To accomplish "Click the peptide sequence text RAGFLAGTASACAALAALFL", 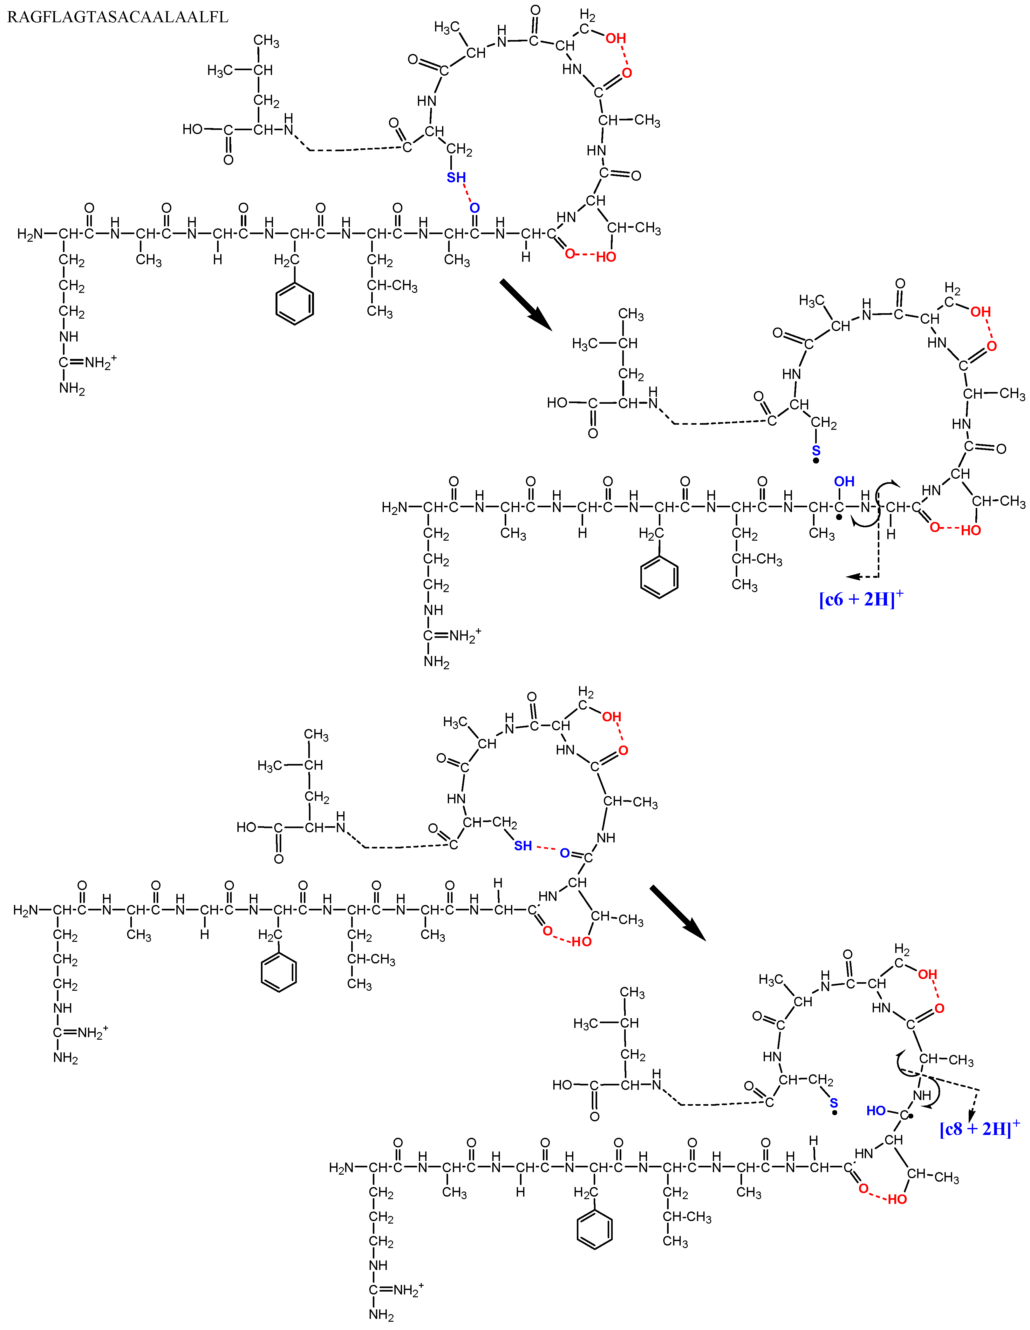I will point(118,17).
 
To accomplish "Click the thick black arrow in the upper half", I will point(525,305).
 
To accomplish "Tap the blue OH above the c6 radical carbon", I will point(844,482).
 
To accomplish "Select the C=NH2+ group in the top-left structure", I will point(88,363).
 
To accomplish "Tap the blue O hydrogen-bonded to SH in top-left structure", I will point(474,208).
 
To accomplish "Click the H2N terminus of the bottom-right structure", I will point(341,1167).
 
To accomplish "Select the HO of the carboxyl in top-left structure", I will point(193,129).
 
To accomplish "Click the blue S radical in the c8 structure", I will point(834,1103).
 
